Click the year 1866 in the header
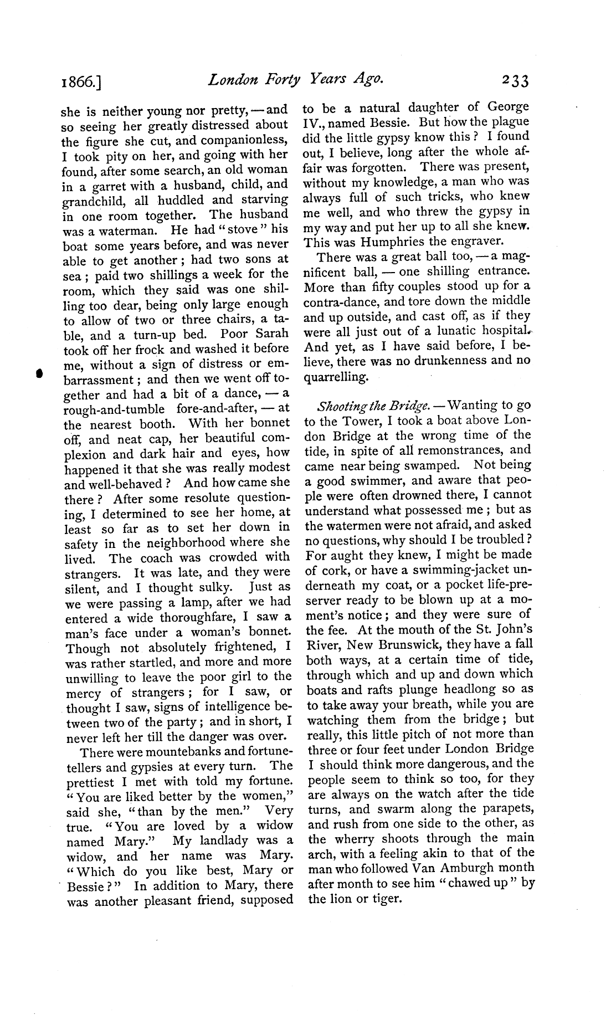[x=83, y=83]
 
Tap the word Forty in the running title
[x=275, y=80]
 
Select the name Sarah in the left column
[x=269, y=334]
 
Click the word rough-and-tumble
[x=114, y=409]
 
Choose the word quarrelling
[x=336, y=377]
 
